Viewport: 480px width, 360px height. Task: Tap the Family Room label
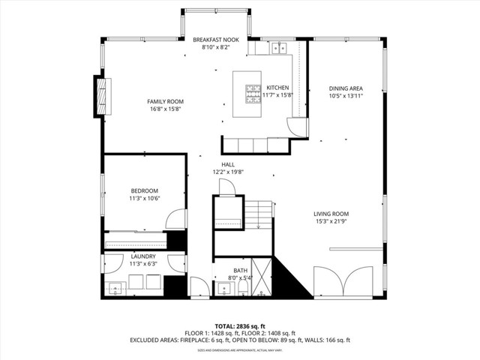point(165,101)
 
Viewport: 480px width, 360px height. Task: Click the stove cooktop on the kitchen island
point(250,93)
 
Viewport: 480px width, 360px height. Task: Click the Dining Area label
point(346,88)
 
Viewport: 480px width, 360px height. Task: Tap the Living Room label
point(331,214)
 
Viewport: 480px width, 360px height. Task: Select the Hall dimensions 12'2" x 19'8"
point(228,172)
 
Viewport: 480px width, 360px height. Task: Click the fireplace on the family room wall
point(100,95)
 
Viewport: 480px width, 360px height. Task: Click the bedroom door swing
point(175,219)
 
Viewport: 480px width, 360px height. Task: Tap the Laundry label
point(142,256)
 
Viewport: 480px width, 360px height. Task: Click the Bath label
point(240,270)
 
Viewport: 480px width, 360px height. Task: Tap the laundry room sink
point(116,287)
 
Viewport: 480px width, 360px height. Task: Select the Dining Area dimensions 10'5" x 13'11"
point(346,95)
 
